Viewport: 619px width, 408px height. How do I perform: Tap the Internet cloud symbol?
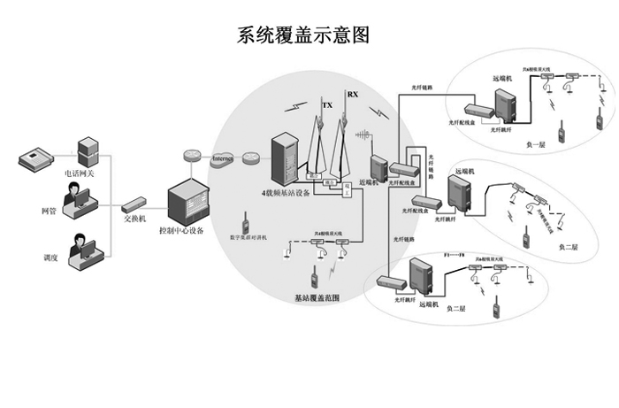coord(222,158)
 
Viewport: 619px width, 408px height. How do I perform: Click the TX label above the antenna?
coord(327,105)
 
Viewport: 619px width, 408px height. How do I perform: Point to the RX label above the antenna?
coord(353,94)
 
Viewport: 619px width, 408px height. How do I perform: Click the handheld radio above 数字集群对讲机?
coord(244,220)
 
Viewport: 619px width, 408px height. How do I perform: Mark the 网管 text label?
coord(49,211)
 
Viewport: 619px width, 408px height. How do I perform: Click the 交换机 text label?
coord(135,219)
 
